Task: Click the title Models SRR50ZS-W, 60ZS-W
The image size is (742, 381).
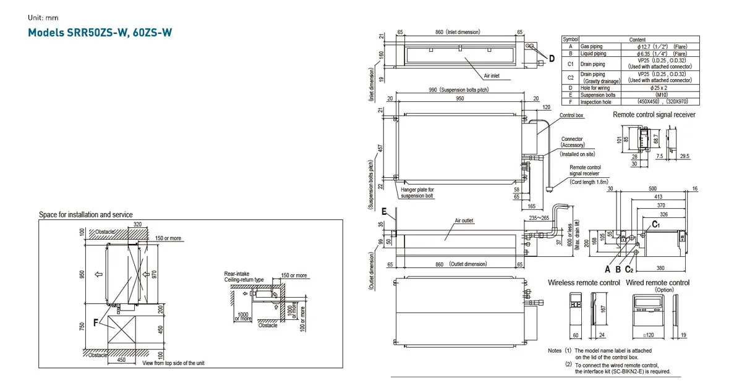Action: tap(100, 31)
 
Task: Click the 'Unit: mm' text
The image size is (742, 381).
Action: tap(43, 17)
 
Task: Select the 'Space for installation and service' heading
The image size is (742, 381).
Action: tap(85, 214)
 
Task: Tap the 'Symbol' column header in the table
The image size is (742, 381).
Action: tap(570, 39)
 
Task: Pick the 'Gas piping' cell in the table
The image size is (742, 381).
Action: tap(592, 46)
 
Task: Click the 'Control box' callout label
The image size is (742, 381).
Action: tap(572, 115)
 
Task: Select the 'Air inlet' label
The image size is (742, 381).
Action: tap(492, 75)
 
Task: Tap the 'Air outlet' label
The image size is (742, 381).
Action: tap(464, 220)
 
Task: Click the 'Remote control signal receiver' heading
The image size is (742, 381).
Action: tap(654, 115)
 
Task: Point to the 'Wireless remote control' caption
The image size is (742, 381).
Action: tap(584, 283)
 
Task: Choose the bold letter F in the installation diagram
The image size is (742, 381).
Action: tap(95, 322)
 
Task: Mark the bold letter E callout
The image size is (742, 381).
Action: tap(384, 212)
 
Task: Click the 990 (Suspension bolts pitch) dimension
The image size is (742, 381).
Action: tap(458, 90)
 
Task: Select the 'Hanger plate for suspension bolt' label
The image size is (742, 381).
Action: tap(417, 193)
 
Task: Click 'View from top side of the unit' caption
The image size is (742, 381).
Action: tap(174, 364)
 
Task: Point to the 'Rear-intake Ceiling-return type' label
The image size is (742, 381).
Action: tap(244, 276)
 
